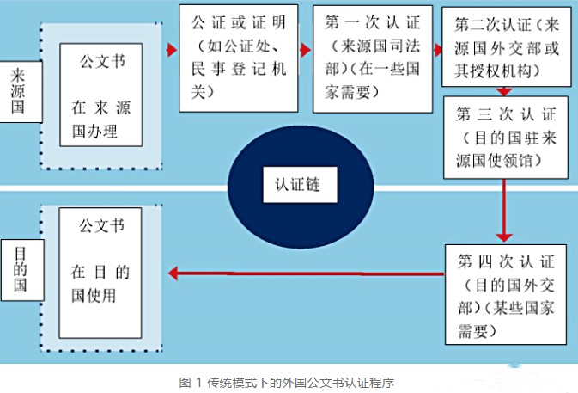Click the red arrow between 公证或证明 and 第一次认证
point(305,50)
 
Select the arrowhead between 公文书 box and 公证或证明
point(170,50)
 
